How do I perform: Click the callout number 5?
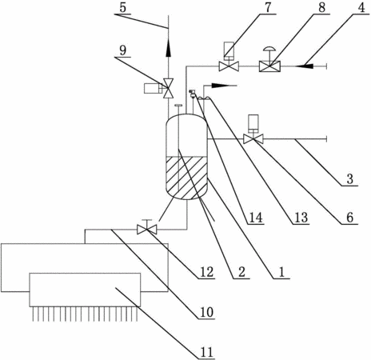pos(122,8)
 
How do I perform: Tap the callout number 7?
pos(268,7)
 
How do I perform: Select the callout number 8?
pos(322,7)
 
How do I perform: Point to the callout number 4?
pos(361,7)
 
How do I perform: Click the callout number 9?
pos(123,50)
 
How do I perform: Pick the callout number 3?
pos(350,178)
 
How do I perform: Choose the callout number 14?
pos(256,218)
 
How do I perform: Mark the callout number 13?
pos(301,218)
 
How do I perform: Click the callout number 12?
pos(206,273)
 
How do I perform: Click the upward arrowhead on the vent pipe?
pos(169,49)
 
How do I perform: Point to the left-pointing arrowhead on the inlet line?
pos(304,65)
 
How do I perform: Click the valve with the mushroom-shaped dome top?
pos(269,63)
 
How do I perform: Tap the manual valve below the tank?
pos(147,227)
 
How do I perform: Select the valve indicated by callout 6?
pos(253,134)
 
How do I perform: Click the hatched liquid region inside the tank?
pos(186,178)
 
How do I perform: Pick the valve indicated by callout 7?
pos(229,59)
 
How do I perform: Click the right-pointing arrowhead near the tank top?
pos(221,86)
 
